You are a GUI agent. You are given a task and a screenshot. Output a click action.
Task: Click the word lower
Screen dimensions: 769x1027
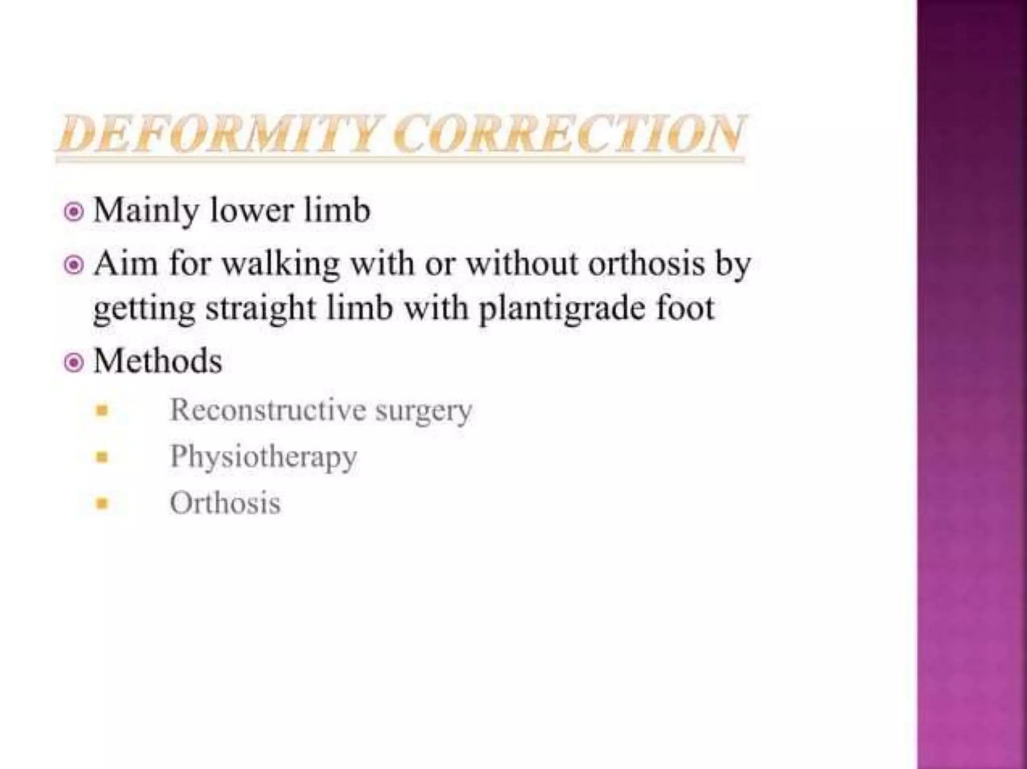[x=251, y=211]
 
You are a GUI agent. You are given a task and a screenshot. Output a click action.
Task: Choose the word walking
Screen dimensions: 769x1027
[x=280, y=264]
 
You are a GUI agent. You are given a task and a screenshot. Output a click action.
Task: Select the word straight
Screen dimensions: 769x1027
[x=260, y=309]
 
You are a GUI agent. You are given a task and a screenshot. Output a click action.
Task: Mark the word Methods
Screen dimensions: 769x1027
[x=158, y=361]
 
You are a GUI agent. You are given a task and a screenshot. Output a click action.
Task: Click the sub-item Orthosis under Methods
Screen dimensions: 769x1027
[x=225, y=502]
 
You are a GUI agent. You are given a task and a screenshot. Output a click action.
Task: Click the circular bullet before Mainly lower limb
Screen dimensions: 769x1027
[x=74, y=212]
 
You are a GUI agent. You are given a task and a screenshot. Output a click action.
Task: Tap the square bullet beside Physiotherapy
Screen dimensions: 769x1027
[x=102, y=457]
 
